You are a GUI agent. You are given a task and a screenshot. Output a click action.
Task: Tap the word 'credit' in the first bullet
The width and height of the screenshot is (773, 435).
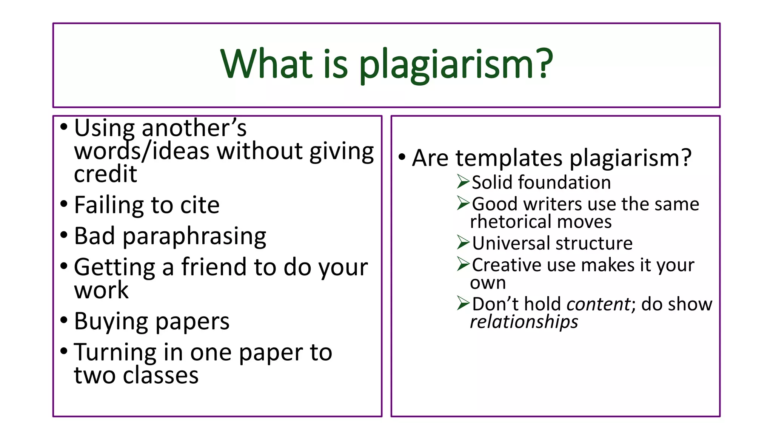point(105,174)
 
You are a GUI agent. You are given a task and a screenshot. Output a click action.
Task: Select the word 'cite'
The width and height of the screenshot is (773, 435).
point(200,205)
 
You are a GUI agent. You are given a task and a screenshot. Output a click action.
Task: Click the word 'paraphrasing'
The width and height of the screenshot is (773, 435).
point(194,237)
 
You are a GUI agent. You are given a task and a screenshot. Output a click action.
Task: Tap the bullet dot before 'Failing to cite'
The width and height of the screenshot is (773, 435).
point(64,204)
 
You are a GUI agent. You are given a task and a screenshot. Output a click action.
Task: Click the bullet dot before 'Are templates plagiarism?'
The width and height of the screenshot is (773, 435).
point(402,156)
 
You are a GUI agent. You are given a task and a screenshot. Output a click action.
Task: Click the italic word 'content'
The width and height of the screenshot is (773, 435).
point(598,304)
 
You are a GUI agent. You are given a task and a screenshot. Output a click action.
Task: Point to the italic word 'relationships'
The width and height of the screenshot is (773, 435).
point(524,322)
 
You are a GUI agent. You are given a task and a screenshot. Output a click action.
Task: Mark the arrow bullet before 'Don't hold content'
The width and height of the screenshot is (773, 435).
point(463,303)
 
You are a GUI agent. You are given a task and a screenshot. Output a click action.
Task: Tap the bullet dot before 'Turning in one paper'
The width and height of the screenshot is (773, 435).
point(64,351)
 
